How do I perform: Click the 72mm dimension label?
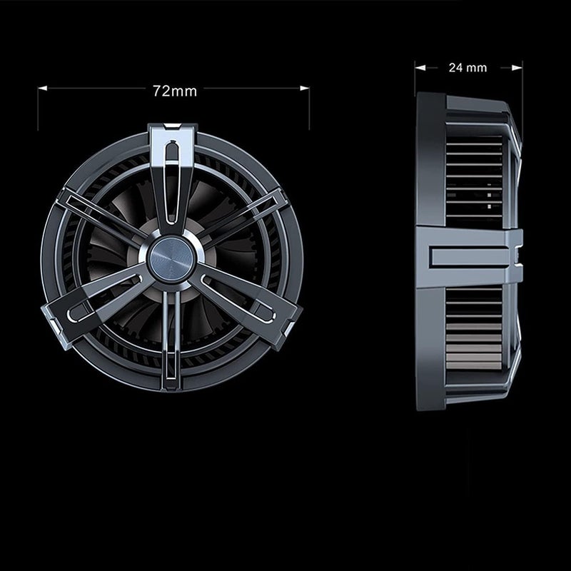(175, 91)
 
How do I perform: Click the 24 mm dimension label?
(468, 68)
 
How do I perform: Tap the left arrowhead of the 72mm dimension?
(43, 88)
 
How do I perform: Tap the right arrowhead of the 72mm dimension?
(305, 88)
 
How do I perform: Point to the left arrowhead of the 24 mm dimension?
(420, 68)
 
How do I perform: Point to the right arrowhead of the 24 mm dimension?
(517, 68)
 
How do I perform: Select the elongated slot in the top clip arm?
(171, 183)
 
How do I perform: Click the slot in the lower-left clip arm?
(105, 298)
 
